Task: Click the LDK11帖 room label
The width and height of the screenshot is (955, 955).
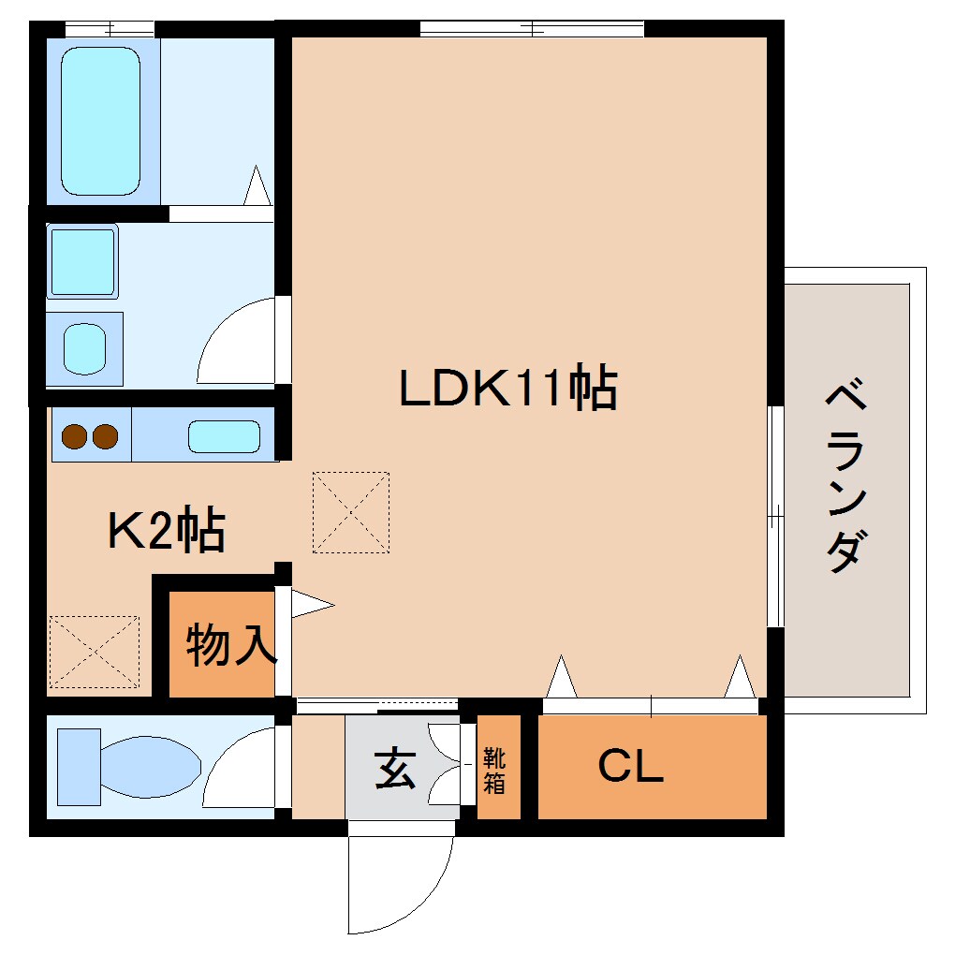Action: click(507, 389)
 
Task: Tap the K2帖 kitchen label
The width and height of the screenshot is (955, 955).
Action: click(166, 531)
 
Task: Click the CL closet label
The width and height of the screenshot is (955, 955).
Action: click(631, 768)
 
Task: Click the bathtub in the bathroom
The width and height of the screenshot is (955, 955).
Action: click(101, 121)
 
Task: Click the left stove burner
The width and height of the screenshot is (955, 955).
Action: click(74, 435)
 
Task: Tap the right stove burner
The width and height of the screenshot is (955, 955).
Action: click(106, 435)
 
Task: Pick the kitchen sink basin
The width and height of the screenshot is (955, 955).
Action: click(224, 436)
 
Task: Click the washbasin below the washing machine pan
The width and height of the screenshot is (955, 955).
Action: click(85, 348)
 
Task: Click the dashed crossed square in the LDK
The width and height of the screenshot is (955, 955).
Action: click(350, 512)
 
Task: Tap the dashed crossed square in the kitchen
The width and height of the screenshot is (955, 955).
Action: click(93, 652)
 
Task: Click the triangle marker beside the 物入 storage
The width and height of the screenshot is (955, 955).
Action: click(309, 604)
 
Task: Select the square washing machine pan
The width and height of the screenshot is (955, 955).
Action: click(82, 261)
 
